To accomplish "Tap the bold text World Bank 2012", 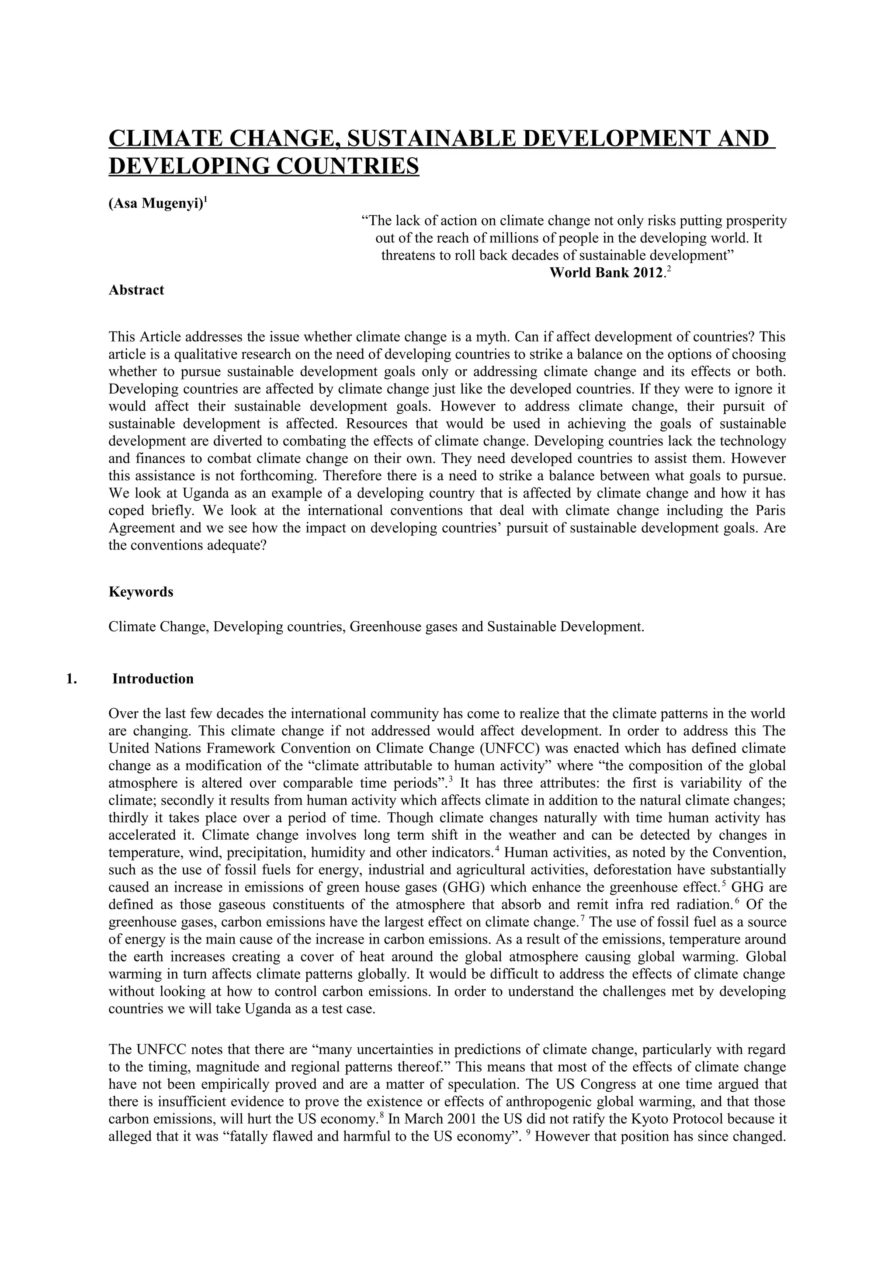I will pos(606,273).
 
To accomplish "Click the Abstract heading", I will pos(136,290).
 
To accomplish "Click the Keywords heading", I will pos(141,592).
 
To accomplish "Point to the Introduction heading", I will pos(153,679).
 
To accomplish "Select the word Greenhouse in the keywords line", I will pos(386,627).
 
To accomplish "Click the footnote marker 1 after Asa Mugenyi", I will pos(206,200).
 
